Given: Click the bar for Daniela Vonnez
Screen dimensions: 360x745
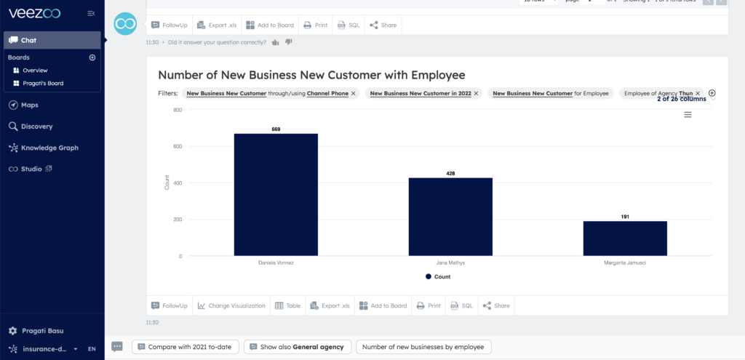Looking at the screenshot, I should pyautogui.click(x=276, y=194).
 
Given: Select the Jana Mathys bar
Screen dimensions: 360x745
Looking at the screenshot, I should pyautogui.click(x=450, y=217).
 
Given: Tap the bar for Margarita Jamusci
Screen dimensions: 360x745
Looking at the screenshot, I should pyautogui.click(x=625, y=238).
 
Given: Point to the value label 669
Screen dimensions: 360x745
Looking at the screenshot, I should pyautogui.click(x=276, y=129).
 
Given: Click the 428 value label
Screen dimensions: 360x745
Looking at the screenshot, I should pyautogui.click(x=450, y=174).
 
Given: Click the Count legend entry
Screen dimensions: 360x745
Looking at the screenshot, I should pyautogui.click(x=438, y=277).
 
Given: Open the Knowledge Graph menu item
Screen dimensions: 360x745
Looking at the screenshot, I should pyautogui.click(x=49, y=148).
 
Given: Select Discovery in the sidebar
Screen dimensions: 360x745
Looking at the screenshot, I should pyautogui.click(x=36, y=127).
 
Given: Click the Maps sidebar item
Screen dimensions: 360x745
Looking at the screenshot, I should pyautogui.click(x=29, y=105).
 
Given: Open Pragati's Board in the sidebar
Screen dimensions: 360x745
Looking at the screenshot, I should pyautogui.click(x=42, y=84).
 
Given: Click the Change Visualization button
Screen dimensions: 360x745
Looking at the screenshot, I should pyautogui.click(x=231, y=305).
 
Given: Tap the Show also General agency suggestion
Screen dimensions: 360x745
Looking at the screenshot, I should pyautogui.click(x=297, y=347).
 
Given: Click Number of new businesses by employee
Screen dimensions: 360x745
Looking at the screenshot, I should pyautogui.click(x=424, y=347).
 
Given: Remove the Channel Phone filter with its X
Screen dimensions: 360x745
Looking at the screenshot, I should pyautogui.click(x=354, y=94).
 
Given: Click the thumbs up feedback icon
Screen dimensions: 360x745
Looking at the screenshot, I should pyautogui.click(x=275, y=43).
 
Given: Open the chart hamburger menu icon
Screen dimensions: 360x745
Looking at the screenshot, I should pyautogui.click(x=688, y=115).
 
